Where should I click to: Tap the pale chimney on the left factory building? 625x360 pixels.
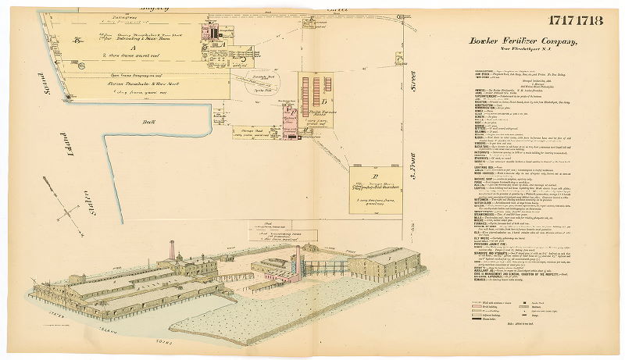click(x=172, y=251)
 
